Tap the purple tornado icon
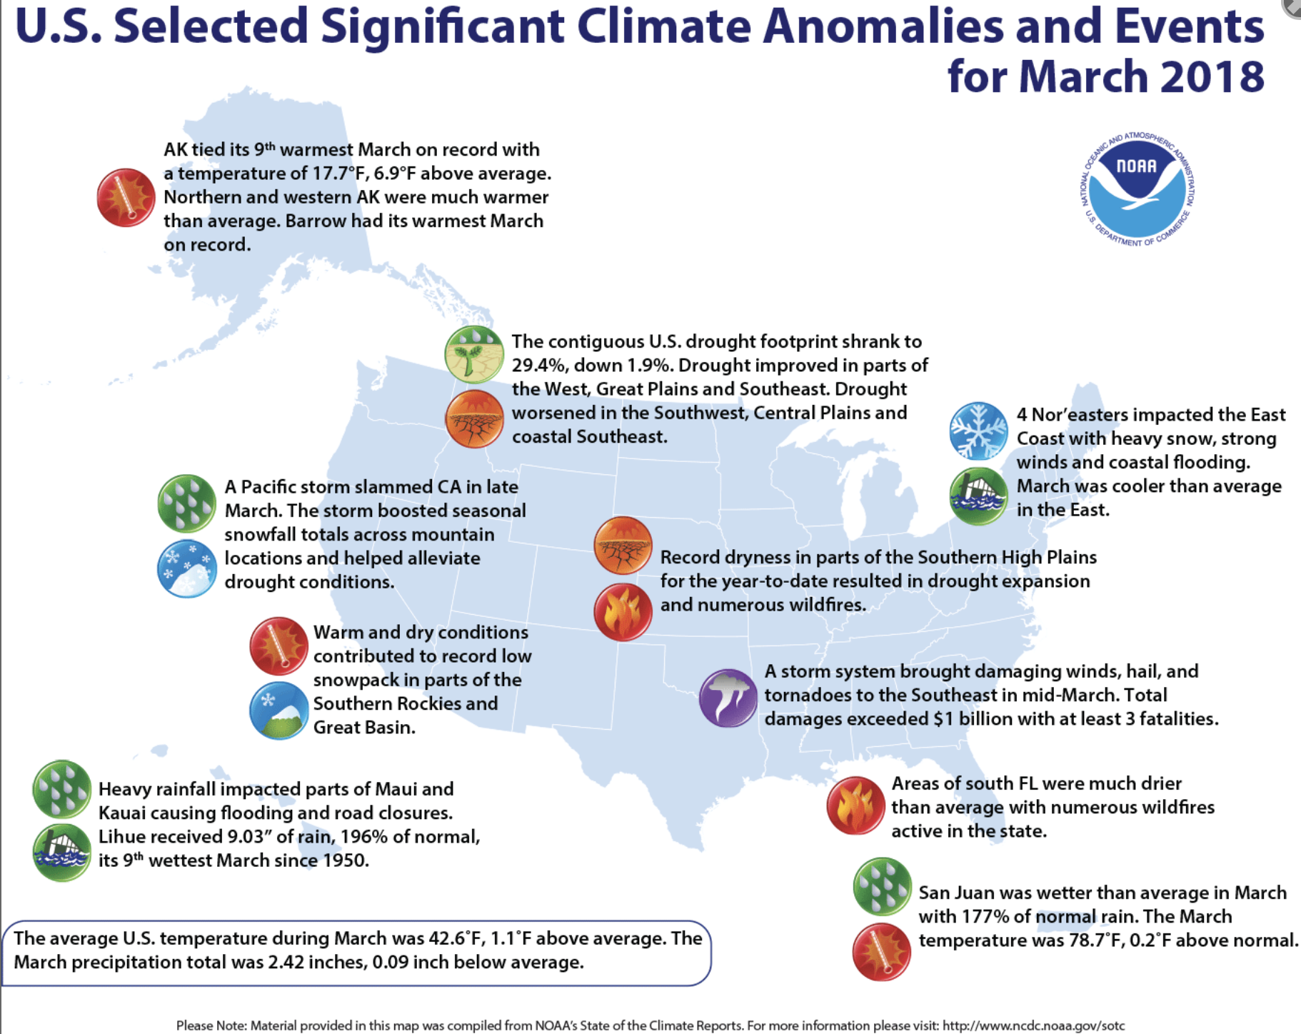tap(728, 698)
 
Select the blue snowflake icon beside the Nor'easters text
tap(978, 431)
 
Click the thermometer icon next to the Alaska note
tap(126, 198)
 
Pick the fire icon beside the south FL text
tap(855, 805)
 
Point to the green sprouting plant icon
tap(473, 354)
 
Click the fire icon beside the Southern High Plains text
tap(623, 612)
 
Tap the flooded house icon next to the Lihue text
tap(62, 852)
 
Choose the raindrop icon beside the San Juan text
tap(883, 886)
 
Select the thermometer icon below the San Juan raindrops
tap(882, 952)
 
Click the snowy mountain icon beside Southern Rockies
tap(278, 711)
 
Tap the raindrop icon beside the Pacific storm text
tap(186, 503)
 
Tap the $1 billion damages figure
tap(978, 719)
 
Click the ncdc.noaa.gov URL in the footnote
tap(1033, 1025)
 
